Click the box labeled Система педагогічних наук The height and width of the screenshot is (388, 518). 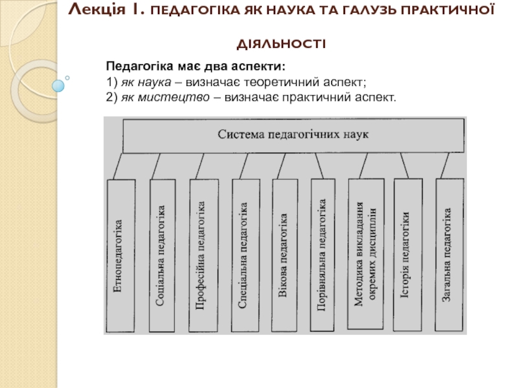(293, 136)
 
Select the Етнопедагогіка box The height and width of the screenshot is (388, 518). (120, 255)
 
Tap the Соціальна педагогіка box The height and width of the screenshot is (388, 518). (163, 255)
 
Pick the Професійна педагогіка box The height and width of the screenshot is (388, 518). (203, 255)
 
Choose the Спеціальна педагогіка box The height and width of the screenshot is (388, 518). (245, 255)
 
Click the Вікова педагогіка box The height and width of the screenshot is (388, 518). (284, 255)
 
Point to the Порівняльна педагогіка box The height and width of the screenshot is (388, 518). (322, 255)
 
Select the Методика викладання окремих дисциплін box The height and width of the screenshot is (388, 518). (366, 254)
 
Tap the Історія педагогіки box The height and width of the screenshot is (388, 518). (408, 255)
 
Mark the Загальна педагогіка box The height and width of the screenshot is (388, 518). (449, 255)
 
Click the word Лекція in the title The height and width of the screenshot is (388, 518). (96, 10)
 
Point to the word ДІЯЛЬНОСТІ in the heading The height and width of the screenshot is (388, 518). (281, 44)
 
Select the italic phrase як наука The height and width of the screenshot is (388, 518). (146, 82)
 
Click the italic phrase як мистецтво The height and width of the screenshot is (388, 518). (165, 98)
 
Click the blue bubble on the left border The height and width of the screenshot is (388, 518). (58, 86)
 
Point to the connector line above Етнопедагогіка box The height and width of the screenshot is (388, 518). (118, 166)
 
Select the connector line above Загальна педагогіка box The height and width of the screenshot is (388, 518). (445, 166)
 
